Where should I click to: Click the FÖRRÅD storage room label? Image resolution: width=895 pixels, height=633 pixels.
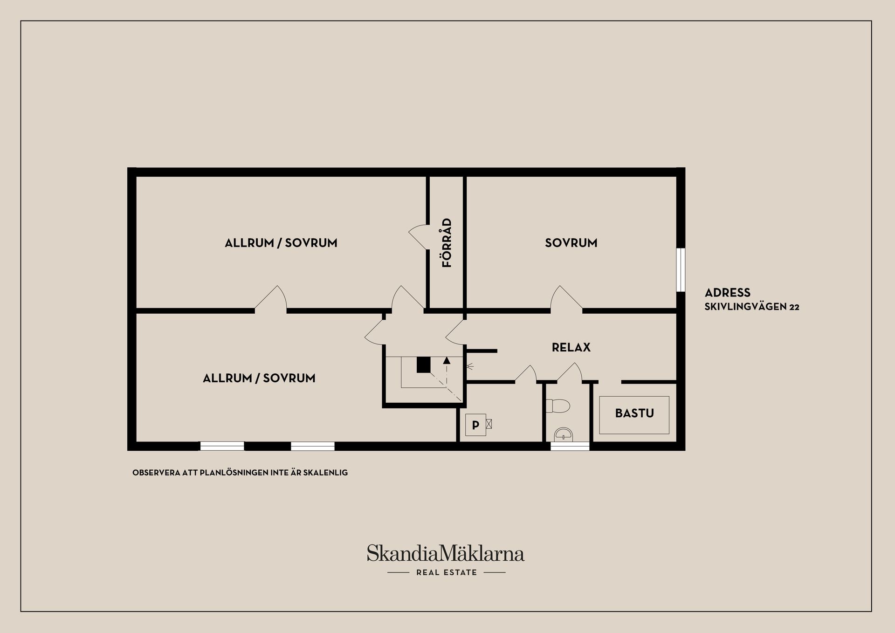click(447, 242)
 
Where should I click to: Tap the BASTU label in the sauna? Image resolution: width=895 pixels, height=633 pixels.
click(634, 413)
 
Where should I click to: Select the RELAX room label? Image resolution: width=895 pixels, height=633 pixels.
click(571, 347)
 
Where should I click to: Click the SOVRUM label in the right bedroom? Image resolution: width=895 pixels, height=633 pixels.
click(571, 243)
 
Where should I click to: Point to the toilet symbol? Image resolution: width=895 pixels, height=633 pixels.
click(558, 406)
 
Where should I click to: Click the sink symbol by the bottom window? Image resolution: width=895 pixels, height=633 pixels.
click(565, 434)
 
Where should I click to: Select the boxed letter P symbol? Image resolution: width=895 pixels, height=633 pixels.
click(475, 425)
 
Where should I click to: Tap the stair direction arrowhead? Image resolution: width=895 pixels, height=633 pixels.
click(447, 360)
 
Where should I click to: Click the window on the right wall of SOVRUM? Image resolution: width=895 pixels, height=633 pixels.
click(681, 270)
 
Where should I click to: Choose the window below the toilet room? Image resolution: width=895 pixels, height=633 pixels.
click(570, 446)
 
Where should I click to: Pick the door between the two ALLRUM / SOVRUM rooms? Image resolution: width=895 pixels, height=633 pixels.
click(271, 298)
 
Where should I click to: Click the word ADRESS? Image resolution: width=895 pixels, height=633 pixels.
click(728, 293)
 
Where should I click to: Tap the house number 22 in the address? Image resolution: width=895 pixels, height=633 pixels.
click(794, 307)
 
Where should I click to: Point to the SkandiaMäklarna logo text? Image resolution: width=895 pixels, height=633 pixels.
click(446, 553)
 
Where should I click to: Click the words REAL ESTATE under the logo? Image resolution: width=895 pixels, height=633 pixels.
click(447, 572)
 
